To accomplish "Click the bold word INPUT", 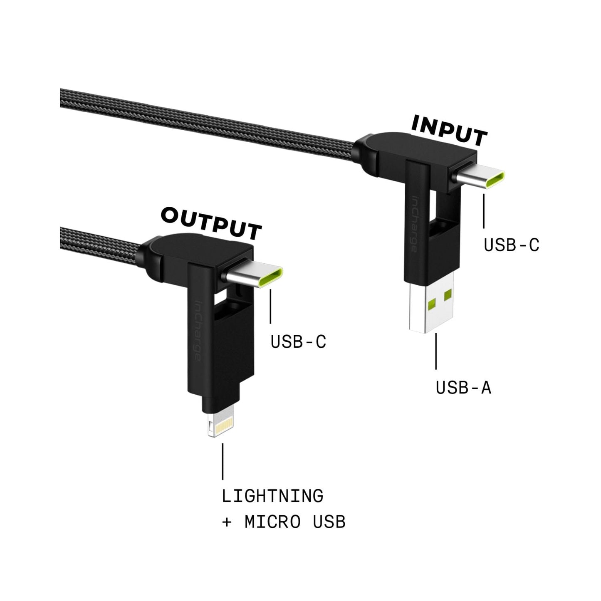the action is (449, 131).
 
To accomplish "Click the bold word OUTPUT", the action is (211, 224).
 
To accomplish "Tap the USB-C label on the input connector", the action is (511, 245).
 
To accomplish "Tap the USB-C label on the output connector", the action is (298, 342).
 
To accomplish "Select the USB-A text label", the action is (463, 388).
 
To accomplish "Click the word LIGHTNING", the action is (272, 496).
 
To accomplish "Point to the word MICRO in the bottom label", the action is (272, 522).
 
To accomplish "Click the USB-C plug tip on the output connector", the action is (254, 277).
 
